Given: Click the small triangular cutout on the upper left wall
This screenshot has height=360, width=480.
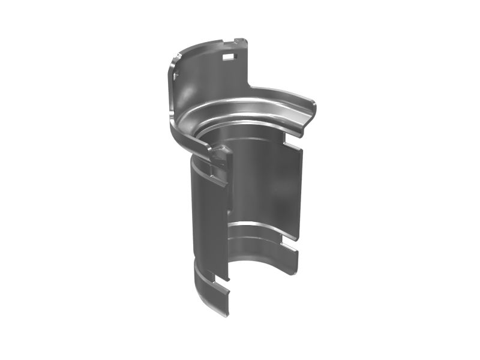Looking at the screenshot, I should pos(176,73).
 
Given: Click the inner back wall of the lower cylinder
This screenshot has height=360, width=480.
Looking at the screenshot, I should pos(258,180).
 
